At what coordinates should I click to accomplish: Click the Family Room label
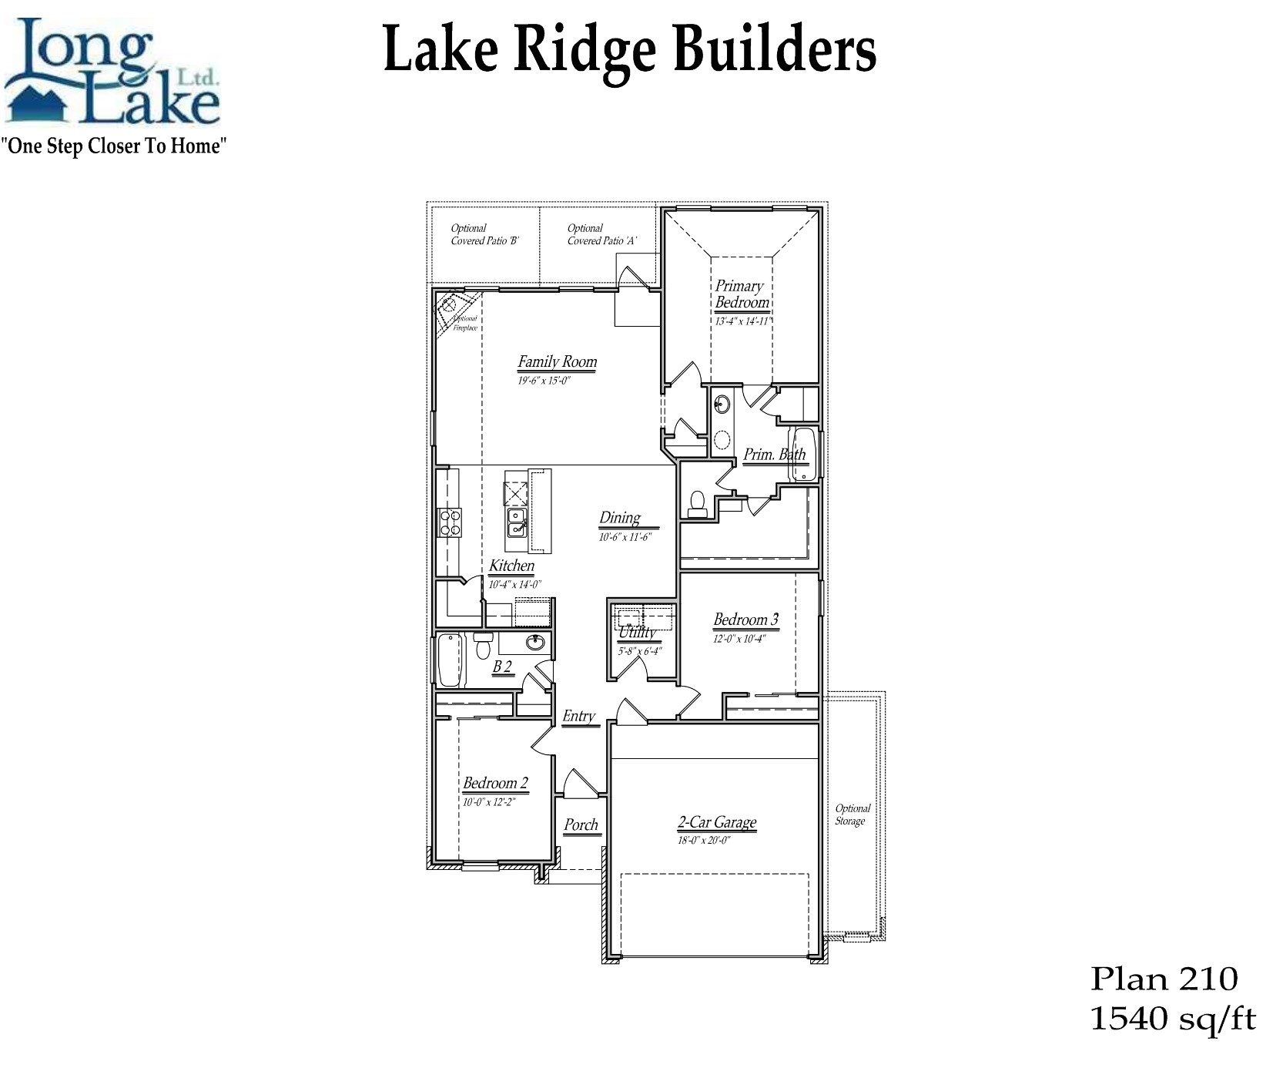(557, 362)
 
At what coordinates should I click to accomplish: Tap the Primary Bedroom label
(741, 294)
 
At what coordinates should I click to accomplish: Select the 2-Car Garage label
(716, 823)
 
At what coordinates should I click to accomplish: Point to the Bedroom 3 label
(745, 620)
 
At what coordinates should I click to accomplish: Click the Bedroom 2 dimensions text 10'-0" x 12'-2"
(488, 801)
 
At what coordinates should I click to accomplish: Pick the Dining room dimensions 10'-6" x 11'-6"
(625, 536)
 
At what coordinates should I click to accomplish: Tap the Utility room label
(638, 633)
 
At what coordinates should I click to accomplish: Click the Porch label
(581, 825)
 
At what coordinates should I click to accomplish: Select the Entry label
(578, 717)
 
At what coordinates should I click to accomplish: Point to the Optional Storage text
(853, 814)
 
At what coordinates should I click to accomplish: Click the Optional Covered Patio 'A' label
(601, 234)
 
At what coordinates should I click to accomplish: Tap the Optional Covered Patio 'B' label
(484, 234)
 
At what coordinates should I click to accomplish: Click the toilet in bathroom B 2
(483, 645)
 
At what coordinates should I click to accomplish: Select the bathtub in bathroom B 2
(448, 660)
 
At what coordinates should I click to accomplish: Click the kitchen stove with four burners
(449, 522)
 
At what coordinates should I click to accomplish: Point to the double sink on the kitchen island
(515, 522)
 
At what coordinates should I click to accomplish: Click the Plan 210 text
(1164, 979)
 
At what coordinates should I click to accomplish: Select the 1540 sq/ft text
(1172, 1019)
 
